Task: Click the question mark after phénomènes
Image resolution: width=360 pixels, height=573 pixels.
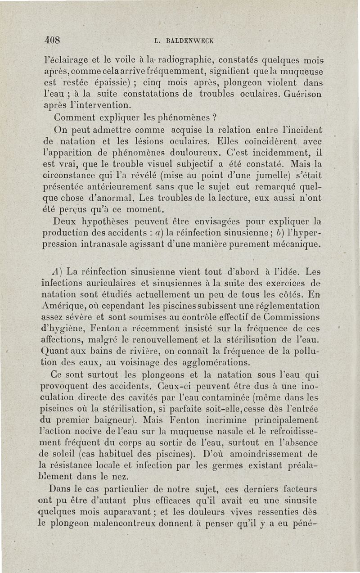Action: click(215, 118)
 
